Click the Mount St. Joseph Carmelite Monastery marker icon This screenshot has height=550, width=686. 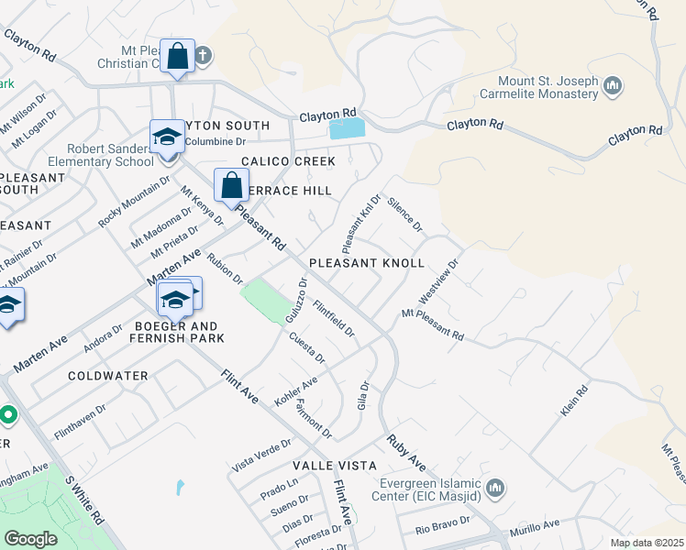pyautogui.click(x=614, y=87)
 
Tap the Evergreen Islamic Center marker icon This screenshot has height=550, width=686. pyautogui.click(x=496, y=487)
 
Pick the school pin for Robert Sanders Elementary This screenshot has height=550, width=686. pyautogui.click(x=166, y=137)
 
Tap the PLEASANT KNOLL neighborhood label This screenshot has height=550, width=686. pyautogui.click(x=367, y=263)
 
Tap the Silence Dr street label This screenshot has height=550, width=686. pyautogui.click(x=404, y=213)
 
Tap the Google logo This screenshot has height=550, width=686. pyautogui.click(x=30, y=539)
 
